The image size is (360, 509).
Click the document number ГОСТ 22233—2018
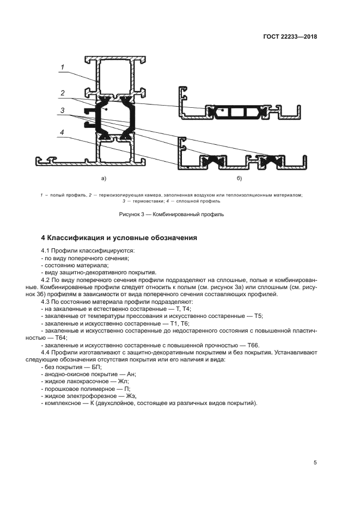[x=289, y=37]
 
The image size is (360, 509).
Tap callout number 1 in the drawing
[x=63, y=68]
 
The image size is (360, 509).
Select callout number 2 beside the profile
[x=63, y=93]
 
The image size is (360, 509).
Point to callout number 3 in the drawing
[x=63, y=111]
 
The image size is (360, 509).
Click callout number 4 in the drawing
[x=63, y=132]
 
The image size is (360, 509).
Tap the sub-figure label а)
[x=103, y=178]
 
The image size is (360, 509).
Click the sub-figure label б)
[x=239, y=178]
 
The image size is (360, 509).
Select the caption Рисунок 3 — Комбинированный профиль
[x=172, y=214]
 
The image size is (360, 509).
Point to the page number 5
[x=315, y=463]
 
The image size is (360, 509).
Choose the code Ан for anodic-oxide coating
[x=131, y=374]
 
